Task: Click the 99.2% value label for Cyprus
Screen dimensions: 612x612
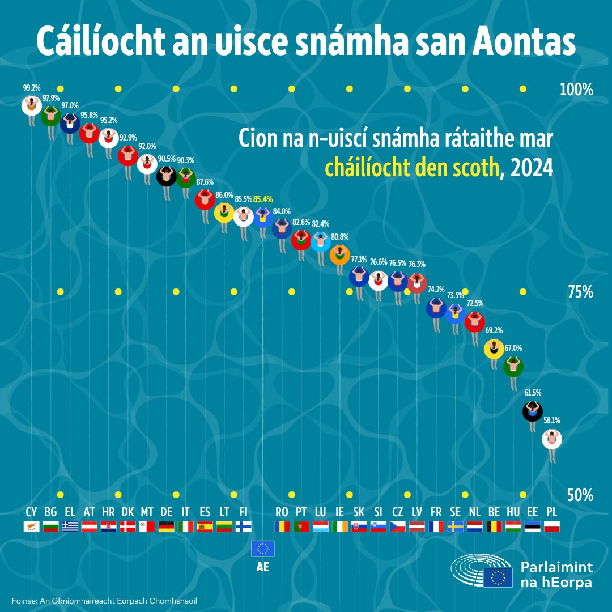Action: pos(31,89)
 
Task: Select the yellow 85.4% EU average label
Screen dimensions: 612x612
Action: pos(263,199)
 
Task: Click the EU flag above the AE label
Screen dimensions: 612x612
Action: pos(263,549)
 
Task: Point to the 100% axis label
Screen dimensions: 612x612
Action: pos(576,90)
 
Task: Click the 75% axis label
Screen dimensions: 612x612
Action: pos(580,292)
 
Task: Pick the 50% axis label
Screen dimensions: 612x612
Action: pos(580,495)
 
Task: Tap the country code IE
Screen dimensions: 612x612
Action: pos(340,512)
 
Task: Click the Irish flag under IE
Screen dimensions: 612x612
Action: pos(340,526)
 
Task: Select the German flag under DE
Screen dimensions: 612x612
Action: pos(167,526)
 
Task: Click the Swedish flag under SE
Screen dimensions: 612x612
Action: pos(456,526)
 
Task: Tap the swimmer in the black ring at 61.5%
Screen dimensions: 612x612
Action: pos(532,411)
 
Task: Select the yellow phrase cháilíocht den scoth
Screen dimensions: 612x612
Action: pos(411,168)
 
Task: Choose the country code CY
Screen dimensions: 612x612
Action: pos(31,512)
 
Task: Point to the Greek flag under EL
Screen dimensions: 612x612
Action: pos(70,526)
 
